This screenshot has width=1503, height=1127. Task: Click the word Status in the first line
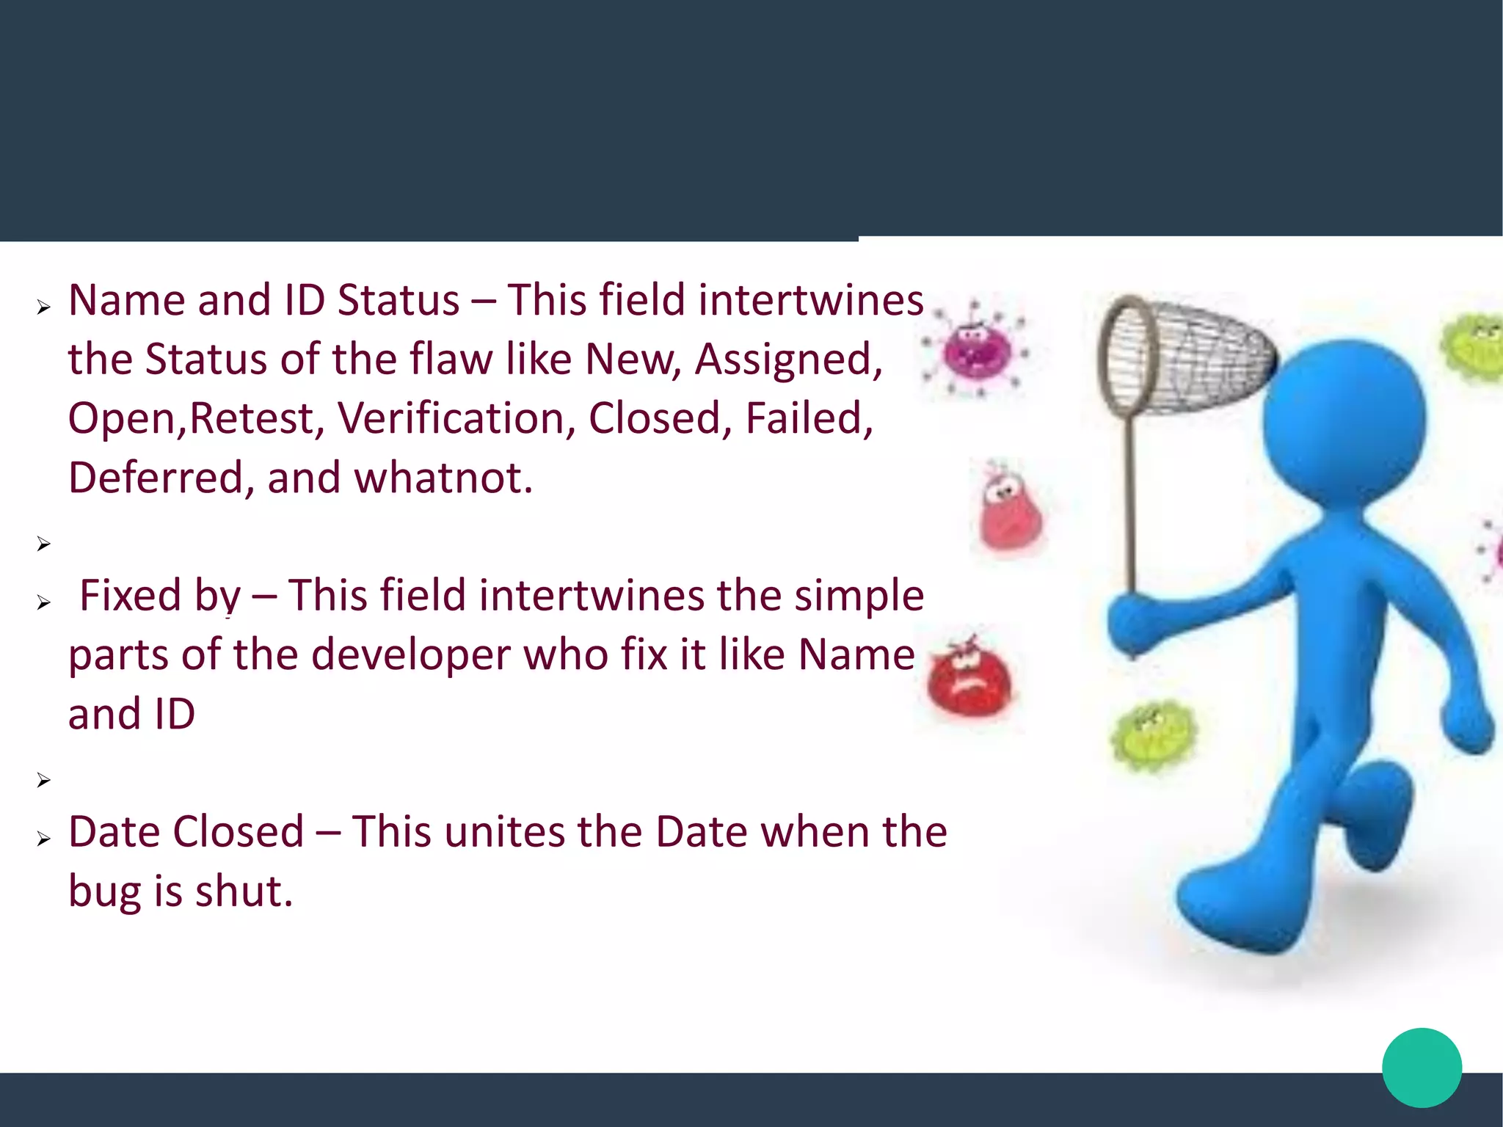398,301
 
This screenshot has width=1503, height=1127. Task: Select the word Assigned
788,360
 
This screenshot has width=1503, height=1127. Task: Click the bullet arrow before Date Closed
44,839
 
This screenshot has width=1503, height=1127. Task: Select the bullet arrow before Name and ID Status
44,307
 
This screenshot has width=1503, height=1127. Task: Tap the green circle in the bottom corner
1422,1068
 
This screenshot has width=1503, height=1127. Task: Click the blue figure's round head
1344,421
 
